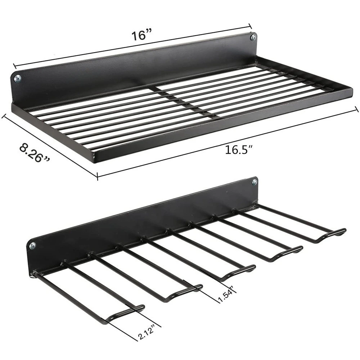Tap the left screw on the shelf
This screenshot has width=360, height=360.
[x=17, y=78]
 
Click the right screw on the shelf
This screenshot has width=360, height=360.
[x=253, y=37]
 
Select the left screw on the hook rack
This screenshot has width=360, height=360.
[x=33, y=246]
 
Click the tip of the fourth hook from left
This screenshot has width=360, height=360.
[x=300, y=249]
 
